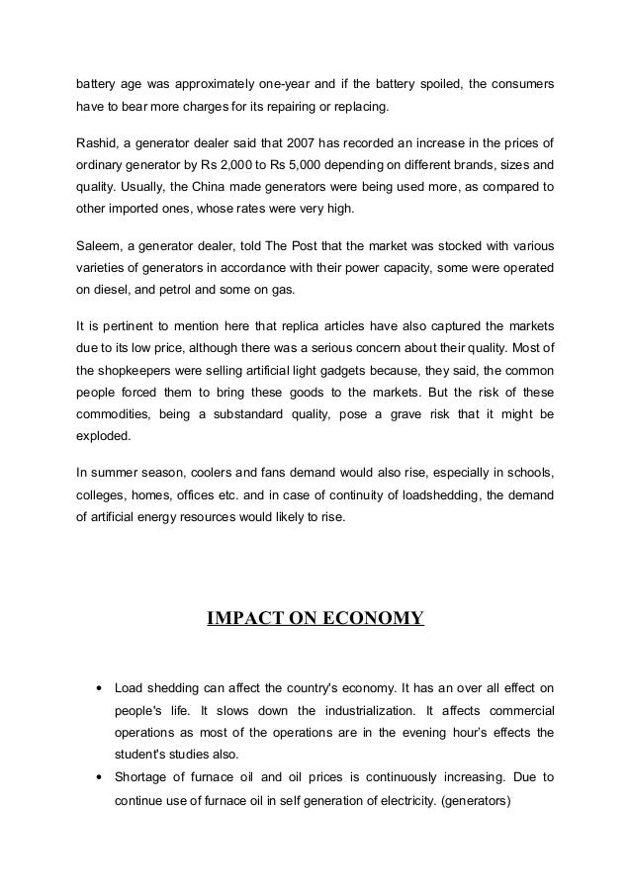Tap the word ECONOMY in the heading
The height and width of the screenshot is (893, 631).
[373, 620]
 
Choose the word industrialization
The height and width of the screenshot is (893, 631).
[352, 709]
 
